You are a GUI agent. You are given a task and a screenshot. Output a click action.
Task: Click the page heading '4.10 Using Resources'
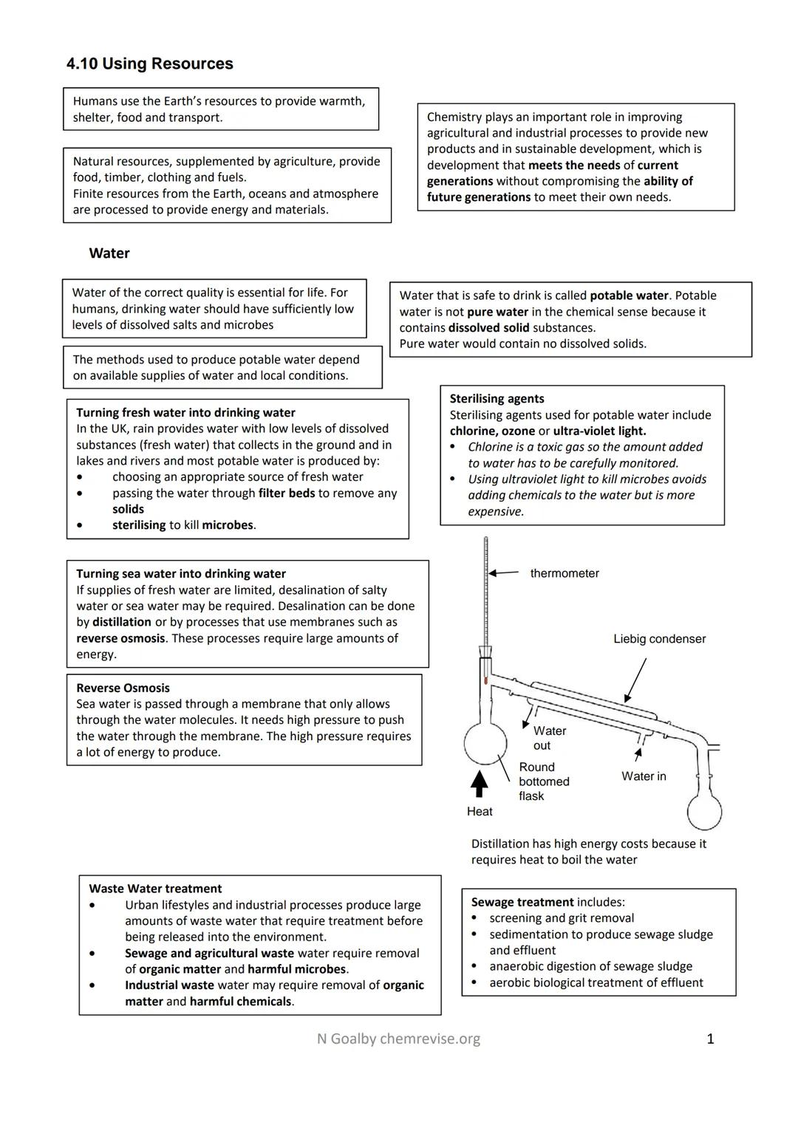click(149, 64)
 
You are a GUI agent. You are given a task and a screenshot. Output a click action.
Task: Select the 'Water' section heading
click(109, 253)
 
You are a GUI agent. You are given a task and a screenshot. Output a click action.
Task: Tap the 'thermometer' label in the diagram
click(565, 573)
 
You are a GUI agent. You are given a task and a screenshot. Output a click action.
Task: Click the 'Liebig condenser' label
click(659, 639)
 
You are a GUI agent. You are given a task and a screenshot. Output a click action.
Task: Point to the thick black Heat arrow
click(480, 784)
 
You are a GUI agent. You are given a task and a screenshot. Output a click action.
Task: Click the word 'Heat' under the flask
click(480, 811)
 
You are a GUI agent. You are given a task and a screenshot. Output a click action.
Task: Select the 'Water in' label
click(644, 776)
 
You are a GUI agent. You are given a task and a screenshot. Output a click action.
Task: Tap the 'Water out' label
click(549, 738)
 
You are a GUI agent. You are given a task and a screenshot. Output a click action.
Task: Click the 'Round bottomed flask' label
click(544, 782)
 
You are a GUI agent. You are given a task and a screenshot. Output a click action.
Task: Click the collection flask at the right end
click(704, 812)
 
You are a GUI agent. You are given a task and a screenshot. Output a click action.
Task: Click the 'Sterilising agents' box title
click(497, 399)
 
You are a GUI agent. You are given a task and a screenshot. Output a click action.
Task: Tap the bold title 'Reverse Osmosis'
click(123, 688)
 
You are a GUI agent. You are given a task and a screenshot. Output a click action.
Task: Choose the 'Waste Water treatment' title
click(155, 889)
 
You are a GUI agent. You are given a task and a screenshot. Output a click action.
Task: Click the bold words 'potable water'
click(628, 295)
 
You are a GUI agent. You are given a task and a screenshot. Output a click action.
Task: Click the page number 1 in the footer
click(710, 1039)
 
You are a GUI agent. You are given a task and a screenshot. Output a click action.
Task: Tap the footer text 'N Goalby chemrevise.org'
click(398, 1039)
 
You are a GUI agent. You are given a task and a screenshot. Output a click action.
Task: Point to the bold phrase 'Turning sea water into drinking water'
click(181, 574)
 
